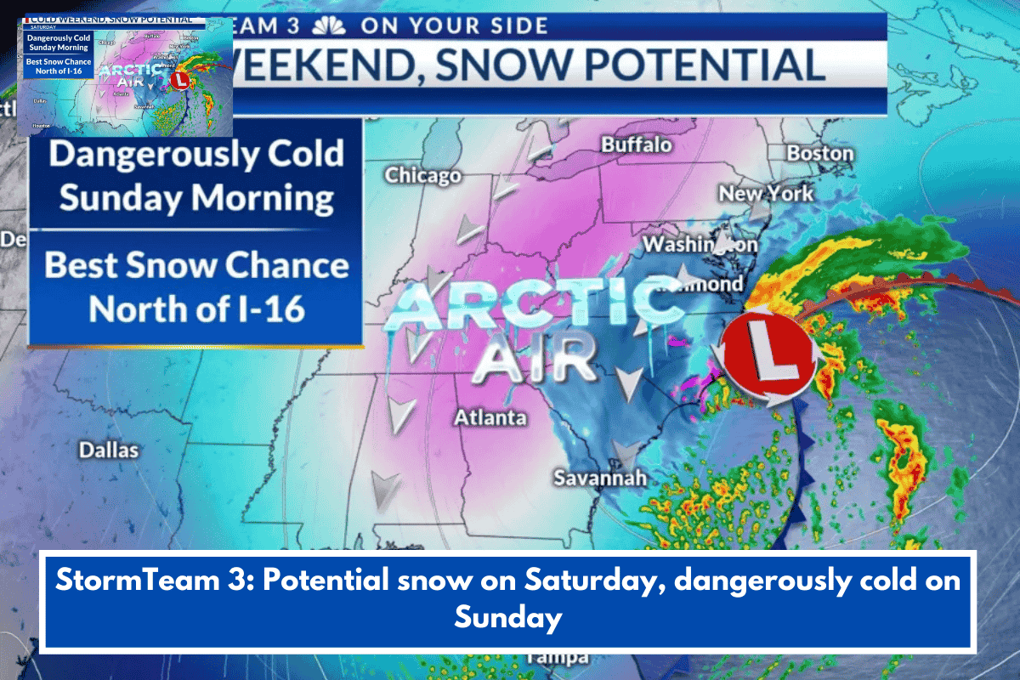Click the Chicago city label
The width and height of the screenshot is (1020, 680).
pos(422,175)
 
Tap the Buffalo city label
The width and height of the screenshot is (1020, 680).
pos(637,144)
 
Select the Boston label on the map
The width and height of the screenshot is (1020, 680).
pos(819,153)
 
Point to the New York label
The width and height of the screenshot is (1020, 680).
pos(766,194)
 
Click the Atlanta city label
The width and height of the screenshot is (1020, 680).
pos(490,417)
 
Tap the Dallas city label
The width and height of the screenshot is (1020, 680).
pos(108,450)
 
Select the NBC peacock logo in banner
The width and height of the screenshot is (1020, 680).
pos(328,25)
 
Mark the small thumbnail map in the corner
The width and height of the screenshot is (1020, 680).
pos(126,74)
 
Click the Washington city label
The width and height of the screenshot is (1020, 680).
pos(699,245)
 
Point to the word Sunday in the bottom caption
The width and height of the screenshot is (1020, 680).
pos(507,616)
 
